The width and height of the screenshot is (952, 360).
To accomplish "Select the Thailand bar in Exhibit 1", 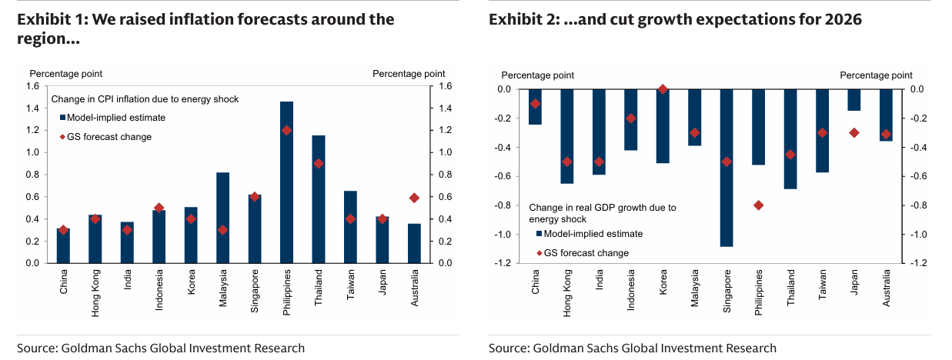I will click(x=319, y=199).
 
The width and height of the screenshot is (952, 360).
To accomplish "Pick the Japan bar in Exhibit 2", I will click(x=853, y=100).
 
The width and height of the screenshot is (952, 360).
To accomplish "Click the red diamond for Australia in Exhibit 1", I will click(x=414, y=198).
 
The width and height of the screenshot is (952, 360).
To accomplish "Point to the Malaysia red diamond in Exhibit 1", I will click(x=222, y=230).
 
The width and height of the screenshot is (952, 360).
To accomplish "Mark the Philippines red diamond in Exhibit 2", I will click(x=759, y=205).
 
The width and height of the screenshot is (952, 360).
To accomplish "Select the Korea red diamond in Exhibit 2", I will click(x=663, y=89).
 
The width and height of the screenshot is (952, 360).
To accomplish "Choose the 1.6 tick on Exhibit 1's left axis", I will click(x=33, y=86).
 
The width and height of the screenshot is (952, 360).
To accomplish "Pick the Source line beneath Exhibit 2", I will click(x=633, y=348).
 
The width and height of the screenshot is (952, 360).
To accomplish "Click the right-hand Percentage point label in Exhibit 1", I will click(x=409, y=73).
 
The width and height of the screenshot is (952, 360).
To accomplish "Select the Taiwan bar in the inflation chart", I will click(x=350, y=227).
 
